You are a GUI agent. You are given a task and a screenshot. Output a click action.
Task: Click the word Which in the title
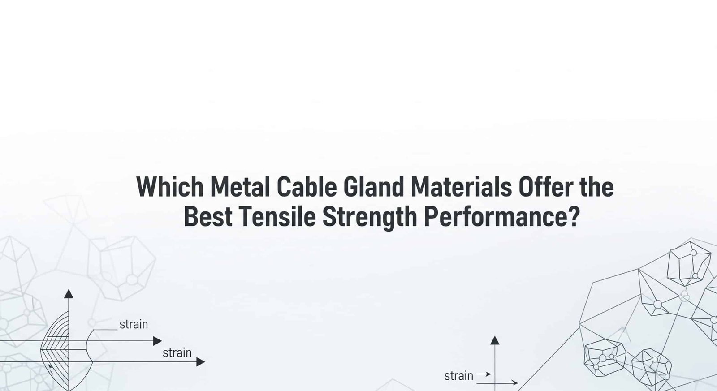pos(170,187)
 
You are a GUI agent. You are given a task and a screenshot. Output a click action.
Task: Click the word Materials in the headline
pos(461,187)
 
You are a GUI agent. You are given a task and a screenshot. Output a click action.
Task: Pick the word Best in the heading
pos(208,216)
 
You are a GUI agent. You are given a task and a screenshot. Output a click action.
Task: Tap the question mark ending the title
pos(574,216)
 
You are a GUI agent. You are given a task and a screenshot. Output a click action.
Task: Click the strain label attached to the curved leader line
pos(134,324)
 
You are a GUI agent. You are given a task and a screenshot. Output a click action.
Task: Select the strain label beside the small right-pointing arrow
pos(458,376)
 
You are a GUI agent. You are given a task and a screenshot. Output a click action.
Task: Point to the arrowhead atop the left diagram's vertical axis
pos(69,294)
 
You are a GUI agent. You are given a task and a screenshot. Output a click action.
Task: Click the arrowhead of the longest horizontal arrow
pos(201,361)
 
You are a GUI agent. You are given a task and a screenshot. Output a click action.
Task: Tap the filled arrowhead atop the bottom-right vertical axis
pos(495,340)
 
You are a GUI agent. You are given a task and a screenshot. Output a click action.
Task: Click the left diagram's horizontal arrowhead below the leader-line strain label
pos(157,341)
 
